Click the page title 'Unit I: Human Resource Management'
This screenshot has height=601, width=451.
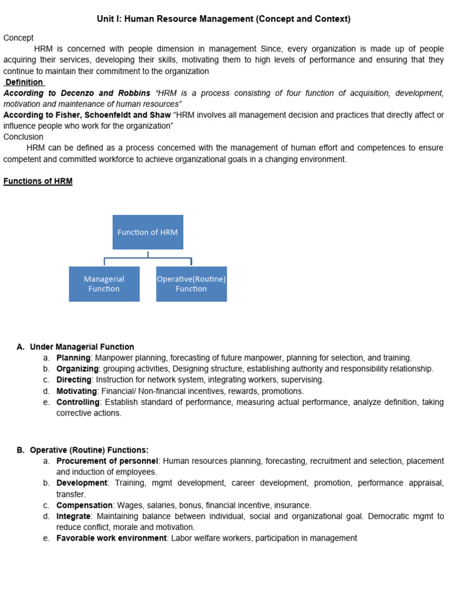point(223,19)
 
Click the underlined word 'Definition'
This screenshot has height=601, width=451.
point(23,82)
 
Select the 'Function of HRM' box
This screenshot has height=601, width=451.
point(147,232)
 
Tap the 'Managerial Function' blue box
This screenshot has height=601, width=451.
point(104,284)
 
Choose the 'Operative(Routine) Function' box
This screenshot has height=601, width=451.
point(191,284)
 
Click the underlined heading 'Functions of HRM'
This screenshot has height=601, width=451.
point(38,181)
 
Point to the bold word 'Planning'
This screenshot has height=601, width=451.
point(73,357)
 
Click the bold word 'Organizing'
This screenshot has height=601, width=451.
point(78,369)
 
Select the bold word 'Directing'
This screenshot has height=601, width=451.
point(73,380)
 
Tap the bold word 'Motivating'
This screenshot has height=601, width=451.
point(76,391)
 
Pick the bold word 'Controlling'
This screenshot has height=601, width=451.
point(78,402)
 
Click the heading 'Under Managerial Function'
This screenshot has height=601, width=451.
point(82,347)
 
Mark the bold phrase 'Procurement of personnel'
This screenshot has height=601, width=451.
point(107,461)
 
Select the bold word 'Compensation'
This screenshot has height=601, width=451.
point(85,505)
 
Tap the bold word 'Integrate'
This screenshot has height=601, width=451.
point(74,516)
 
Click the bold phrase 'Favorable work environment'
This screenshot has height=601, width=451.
point(112,538)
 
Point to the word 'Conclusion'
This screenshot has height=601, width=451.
point(23,137)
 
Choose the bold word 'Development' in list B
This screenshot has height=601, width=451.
point(82,482)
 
